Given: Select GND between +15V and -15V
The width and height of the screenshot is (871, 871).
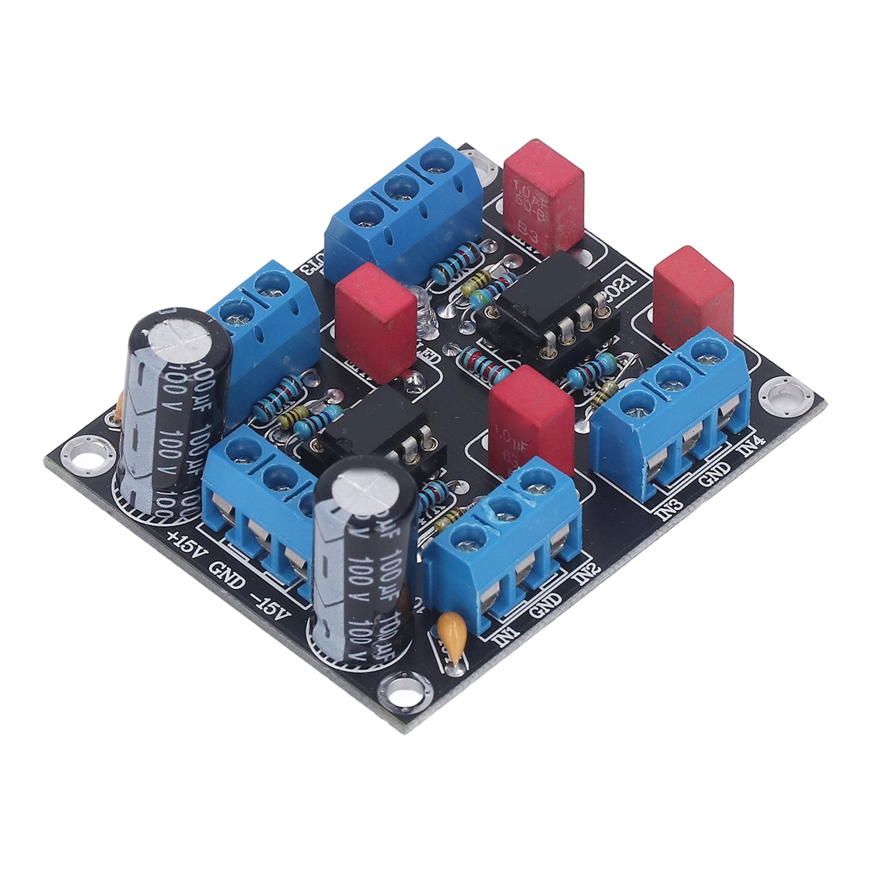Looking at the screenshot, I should coord(227,572).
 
